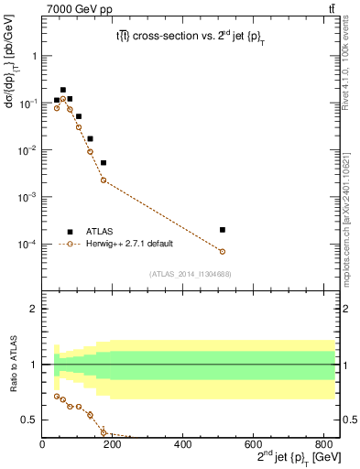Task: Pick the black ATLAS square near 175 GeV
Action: (x=104, y=163)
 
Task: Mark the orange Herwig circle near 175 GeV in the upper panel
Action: (x=104, y=180)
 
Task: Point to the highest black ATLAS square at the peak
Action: (x=63, y=90)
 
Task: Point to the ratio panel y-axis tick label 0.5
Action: (x=31, y=420)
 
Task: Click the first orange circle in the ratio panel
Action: (x=57, y=397)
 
